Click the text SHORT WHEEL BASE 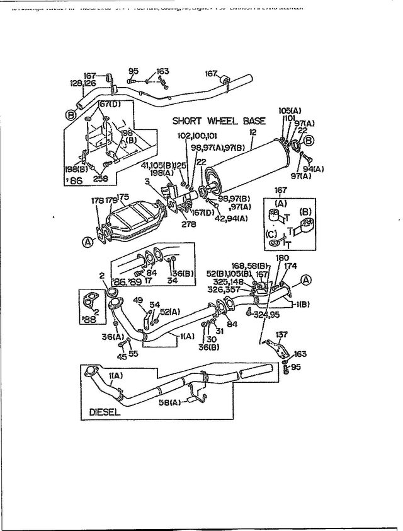219,121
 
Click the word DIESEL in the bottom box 101,414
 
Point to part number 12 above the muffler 253,133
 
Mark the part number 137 281,335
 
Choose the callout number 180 282,258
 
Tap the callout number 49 137,300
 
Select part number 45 122,356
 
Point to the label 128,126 82,83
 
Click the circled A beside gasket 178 86,240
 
